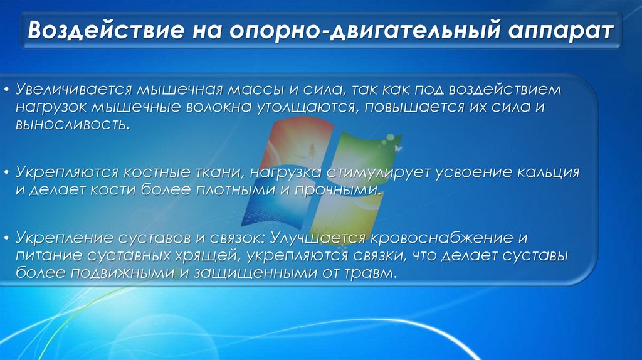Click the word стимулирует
click(385, 171)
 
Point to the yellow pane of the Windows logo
click(349, 213)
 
